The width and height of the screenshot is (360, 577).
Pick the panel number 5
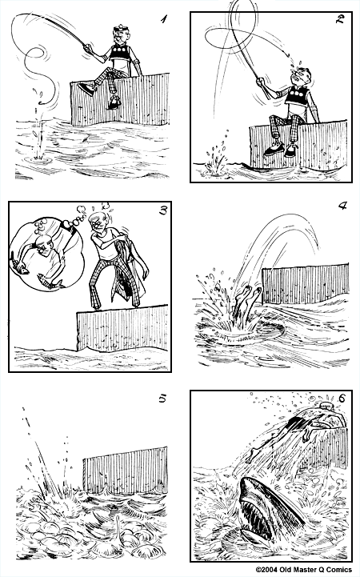coord(162,398)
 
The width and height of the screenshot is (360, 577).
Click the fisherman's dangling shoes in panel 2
coord(282,149)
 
